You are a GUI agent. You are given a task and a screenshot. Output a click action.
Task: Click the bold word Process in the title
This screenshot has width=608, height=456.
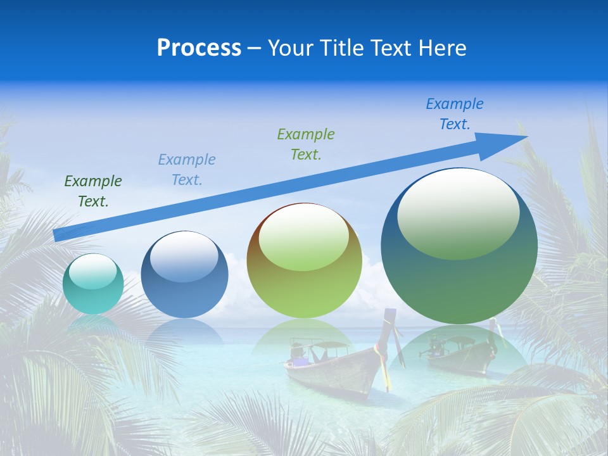pyautogui.click(x=199, y=48)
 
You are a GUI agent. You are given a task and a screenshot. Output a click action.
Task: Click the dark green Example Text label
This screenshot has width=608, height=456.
pyautogui.click(x=93, y=191)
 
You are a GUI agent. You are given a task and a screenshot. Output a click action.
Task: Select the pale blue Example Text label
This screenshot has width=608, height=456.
pyautogui.click(x=187, y=170)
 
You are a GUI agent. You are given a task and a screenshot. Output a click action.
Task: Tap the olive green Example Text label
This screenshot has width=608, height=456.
pyautogui.click(x=306, y=144)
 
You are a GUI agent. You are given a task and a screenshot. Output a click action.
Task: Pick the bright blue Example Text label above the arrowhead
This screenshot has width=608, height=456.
pyautogui.click(x=455, y=114)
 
